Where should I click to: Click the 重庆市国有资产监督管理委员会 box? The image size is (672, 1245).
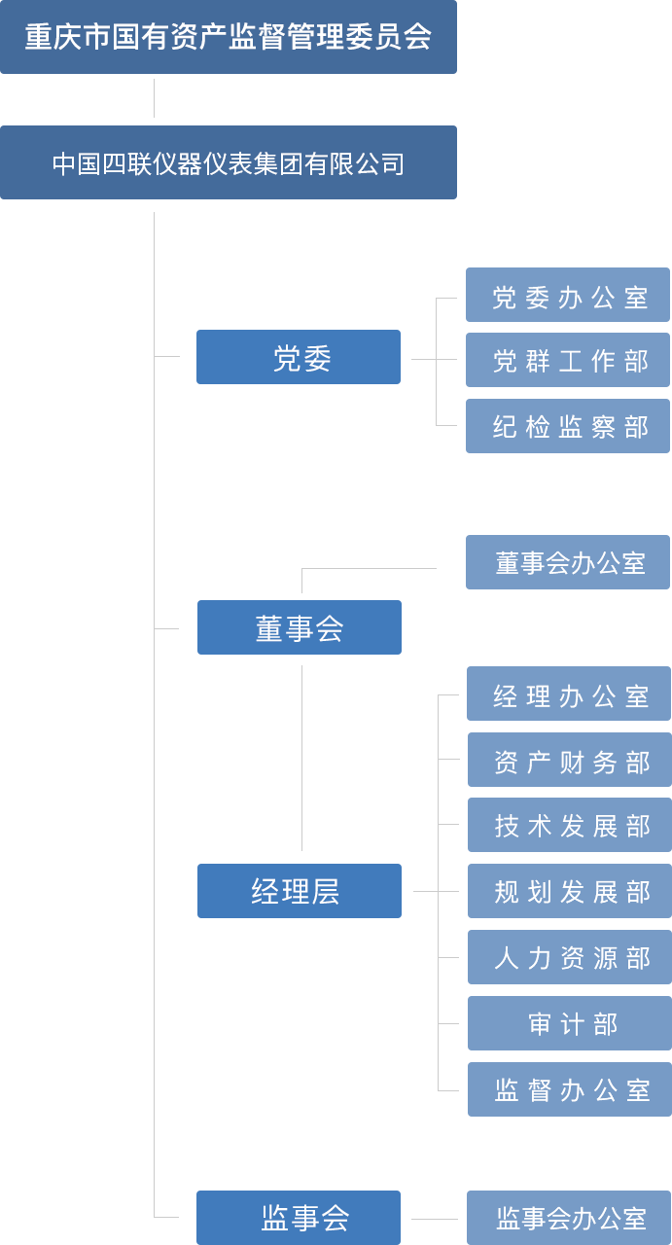(x=229, y=37)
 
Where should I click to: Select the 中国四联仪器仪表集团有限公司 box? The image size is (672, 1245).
(x=229, y=162)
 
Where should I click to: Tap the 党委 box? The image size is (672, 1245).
(x=298, y=357)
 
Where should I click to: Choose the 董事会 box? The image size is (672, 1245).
(x=299, y=627)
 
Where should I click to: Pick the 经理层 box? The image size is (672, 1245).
(x=299, y=891)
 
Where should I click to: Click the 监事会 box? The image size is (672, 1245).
(x=298, y=1217)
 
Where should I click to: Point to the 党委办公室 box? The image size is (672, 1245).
(x=567, y=295)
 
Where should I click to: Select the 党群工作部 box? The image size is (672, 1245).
(x=567, y=360)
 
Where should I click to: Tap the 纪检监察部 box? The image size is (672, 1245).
(x=567, y=426)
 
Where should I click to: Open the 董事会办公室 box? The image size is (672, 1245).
(x=567, y=562)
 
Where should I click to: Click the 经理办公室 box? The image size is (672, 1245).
(x=568, y=694)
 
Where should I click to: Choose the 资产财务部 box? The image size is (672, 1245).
(x=569, y=760)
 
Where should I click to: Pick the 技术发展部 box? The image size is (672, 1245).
(x=569, y=825)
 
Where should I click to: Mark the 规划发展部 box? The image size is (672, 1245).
(x=569, y=891)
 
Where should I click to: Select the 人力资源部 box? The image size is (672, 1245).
(x=569, y=957)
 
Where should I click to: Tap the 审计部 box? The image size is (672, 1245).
(x=569, y=1023)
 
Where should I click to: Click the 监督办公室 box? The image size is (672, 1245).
(x=569, y=1089)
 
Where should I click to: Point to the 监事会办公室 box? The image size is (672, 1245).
(x=568, y=1217)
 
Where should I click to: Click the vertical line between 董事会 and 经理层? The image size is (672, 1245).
(x=301, y=758)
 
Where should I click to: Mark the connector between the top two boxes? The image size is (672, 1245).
(x=154, y=98)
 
